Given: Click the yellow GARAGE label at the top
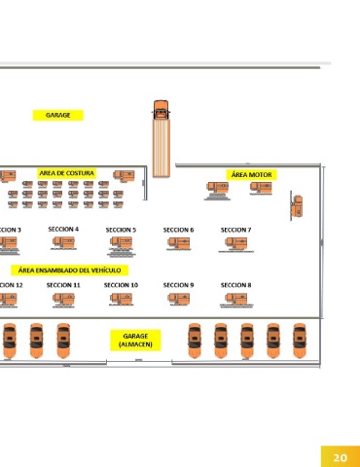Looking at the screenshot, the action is click(x=58, y=115).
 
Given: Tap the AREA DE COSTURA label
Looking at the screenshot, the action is click(x=66, y=173).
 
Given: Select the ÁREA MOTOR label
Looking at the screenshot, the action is click(x=251, y=175).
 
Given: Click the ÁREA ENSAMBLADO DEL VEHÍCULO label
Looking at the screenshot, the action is click(x=69, y=270).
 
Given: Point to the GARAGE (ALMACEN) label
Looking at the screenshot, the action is click(x=135, y=341).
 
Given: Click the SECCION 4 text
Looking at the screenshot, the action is click(x=63, y=230).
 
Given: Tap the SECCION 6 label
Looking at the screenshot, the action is click(x=178, y=230).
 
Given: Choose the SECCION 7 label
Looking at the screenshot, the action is click(x=235, y=230).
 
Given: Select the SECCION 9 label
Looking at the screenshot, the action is click(x=178, y=285).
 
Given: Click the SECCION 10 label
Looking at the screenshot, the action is click(x=121, y=285).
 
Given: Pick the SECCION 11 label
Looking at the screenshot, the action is click(x=63, y=285).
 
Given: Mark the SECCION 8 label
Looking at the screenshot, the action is click(x=235, y=285).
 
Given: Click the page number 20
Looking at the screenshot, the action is click(x=341, y=457).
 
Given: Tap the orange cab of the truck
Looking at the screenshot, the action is click(x=161, y=110).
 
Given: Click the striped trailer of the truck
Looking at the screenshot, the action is click(x=162, y=148).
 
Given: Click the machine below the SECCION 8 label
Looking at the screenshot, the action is click(x=236, y=299).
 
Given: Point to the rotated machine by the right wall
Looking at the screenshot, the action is click(x=297, y=206).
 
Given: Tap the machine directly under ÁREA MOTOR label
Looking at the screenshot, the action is click(x=261, y=188).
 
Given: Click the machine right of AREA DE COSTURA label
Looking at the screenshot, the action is click(x=124, y=176).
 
